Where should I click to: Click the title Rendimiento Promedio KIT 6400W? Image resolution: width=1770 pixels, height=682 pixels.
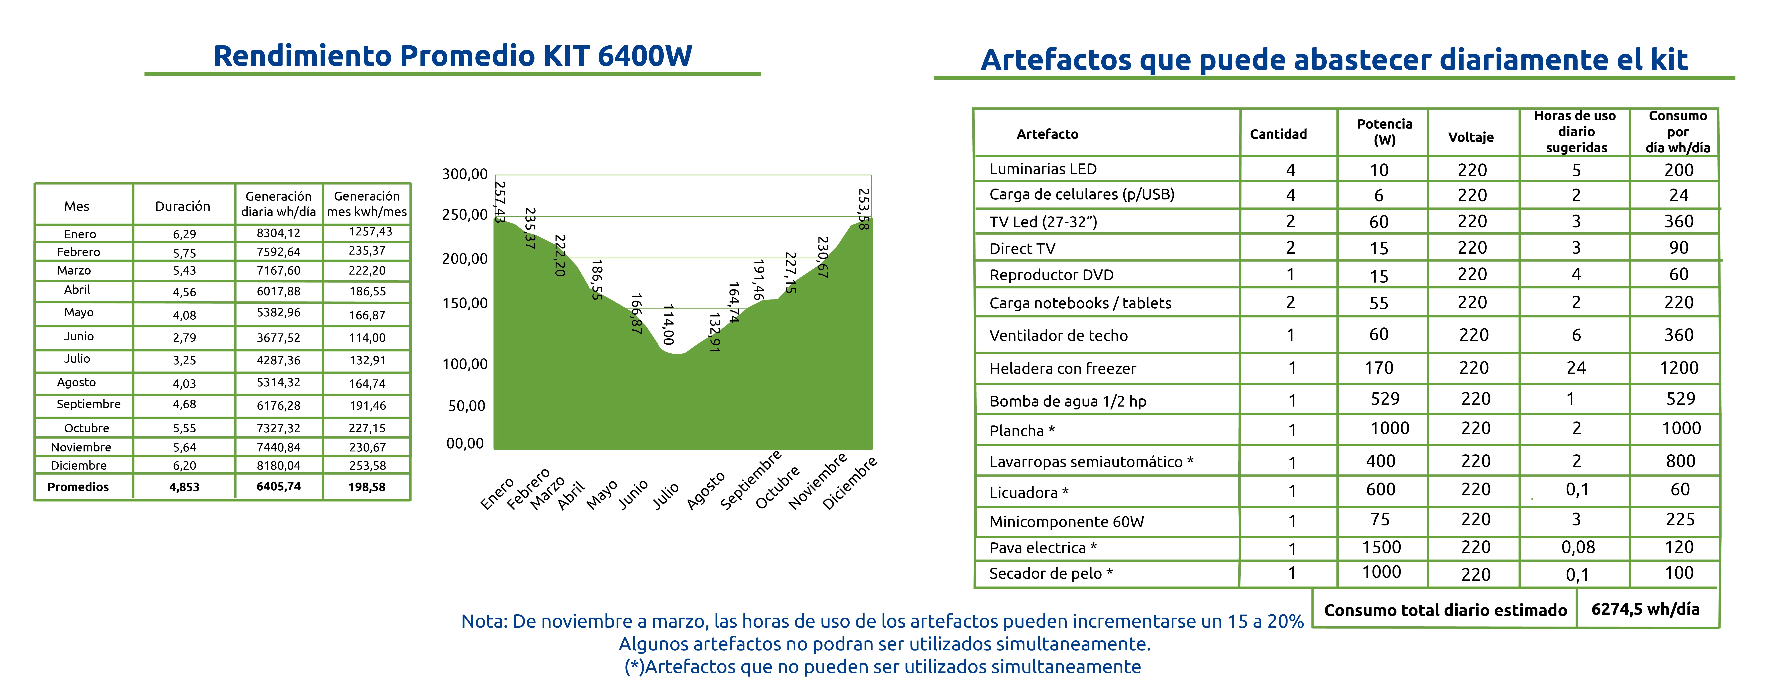pos(453,56)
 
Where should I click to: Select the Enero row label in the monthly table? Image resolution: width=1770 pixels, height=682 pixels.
pos(80,234)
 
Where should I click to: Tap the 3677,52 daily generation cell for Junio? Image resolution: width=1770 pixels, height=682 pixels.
pos(278,337)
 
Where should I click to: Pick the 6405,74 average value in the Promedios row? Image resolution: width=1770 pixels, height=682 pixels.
pos(278,486)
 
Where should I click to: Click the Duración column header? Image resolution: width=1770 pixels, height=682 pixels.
pos(183,206)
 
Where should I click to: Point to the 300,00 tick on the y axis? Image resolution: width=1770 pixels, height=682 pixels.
pos(464,174)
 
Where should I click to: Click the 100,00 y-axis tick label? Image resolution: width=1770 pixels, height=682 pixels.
pos(464,364)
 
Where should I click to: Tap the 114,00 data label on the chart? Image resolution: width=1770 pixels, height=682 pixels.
pos(668,324)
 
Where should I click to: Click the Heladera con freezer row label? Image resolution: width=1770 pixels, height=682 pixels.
pos(1062,369)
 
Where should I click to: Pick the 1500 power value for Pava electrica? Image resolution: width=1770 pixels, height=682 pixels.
pos(1381,547)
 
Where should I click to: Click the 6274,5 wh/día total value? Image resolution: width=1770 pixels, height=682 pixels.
pos(1645,609)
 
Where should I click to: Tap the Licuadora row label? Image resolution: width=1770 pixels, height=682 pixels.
pos(1029,492)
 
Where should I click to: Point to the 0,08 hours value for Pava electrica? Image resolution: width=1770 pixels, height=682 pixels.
pos(1578,547)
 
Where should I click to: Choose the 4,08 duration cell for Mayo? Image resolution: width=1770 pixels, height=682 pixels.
pos(184,315)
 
